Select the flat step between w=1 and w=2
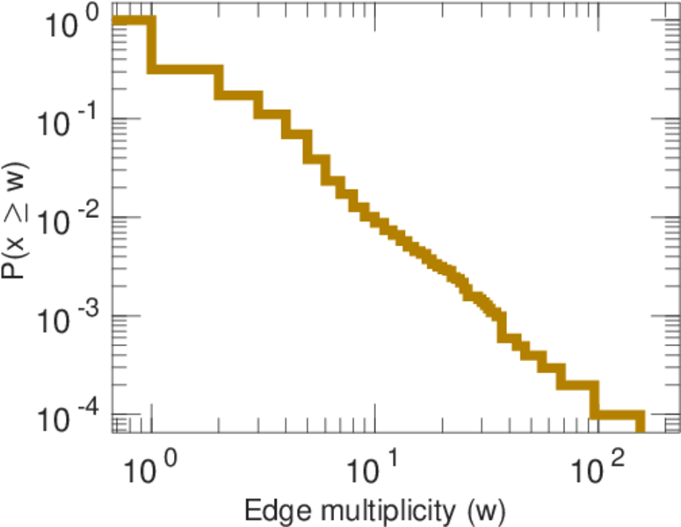click(185, 68)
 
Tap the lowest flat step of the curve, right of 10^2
click(619, 415)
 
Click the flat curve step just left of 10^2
click(576, 385)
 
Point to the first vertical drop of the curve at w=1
click(152, 44)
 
